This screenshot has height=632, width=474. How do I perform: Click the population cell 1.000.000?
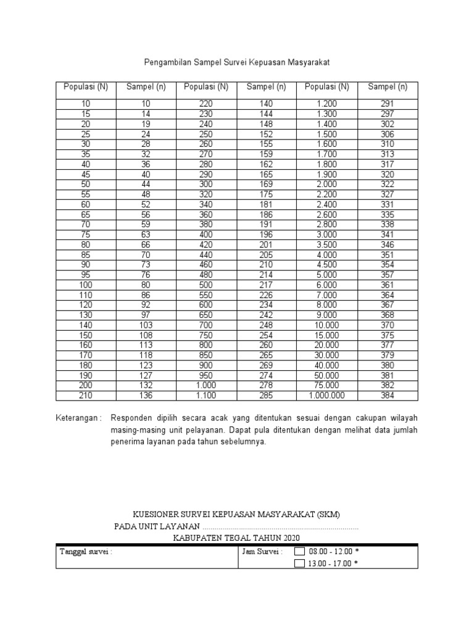tap(327, 395)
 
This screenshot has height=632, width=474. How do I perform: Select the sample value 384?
tap(387, 395)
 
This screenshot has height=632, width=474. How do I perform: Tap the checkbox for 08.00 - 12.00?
tap(299, 552)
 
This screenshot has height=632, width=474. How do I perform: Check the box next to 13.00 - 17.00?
tap(299, 563)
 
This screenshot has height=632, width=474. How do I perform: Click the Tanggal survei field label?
tap(85, 552)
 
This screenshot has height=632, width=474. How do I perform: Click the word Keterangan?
tap(78, 417)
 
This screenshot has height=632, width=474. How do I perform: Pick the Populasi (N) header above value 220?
tap(206, 87)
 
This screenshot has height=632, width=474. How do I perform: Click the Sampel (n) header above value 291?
tap(387, 87)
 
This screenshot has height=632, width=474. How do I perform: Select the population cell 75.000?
tap(327, 385)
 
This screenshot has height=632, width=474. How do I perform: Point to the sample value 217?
tap(266, 285)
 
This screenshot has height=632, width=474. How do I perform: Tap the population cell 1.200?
tap(327, 104)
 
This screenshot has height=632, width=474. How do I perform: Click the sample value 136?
tap(146, 395)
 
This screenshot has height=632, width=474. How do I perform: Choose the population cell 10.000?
tap(327, 325)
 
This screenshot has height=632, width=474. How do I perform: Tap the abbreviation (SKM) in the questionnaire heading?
tap(327, 515)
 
